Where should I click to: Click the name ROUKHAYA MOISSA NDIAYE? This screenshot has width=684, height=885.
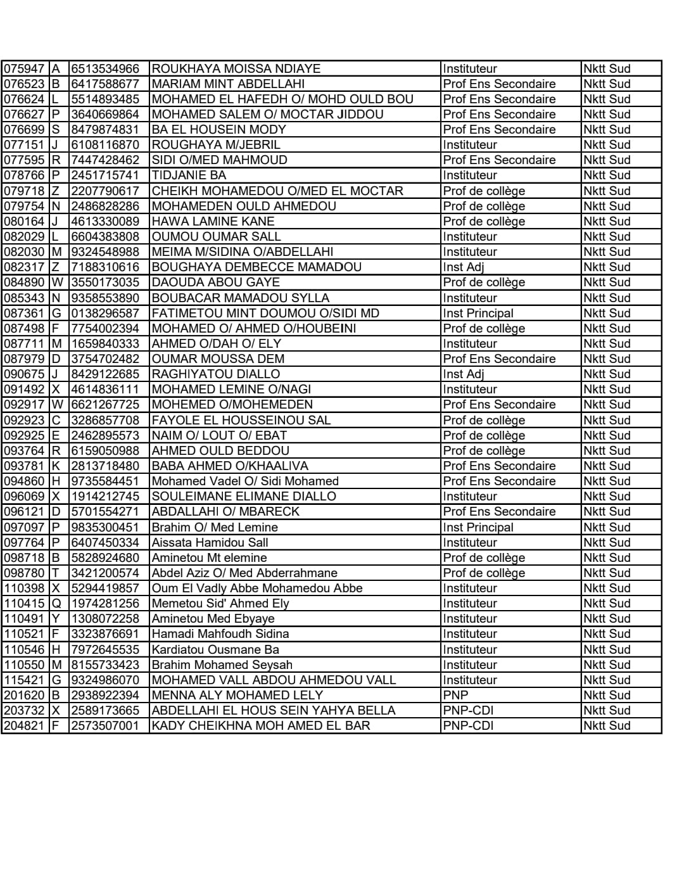click(236, 68)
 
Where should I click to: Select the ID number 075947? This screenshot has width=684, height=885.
click(25, 68)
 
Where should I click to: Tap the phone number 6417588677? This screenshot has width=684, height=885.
click(105, 84)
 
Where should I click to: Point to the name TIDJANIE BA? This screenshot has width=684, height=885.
click(189, 175)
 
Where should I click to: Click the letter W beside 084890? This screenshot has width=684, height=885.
click(58, 283)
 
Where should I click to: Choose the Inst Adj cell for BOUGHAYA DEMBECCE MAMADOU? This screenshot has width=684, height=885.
click(464, 267)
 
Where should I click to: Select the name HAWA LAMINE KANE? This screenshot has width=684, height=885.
click(213, 222)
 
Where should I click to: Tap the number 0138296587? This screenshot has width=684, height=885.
click(105, 313)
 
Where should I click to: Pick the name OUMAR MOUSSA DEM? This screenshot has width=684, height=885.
click(218, 359)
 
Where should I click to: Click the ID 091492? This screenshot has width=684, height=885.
click(25, 390)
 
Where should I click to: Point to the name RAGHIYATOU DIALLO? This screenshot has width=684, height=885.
click(216, 374)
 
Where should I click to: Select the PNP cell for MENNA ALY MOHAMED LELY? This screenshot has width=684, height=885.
click(456, 695)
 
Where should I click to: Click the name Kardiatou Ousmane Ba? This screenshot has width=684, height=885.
click(215, 649)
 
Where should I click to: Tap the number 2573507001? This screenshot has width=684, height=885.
click(105, 726)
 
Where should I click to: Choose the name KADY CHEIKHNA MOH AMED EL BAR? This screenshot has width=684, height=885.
click(261, 726)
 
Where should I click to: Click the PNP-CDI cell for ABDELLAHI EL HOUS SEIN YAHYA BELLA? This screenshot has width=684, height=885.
click(468, 710)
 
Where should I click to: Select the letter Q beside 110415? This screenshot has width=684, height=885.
click(57, 604)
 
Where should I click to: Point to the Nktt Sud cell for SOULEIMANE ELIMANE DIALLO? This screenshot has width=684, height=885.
click(607, 497)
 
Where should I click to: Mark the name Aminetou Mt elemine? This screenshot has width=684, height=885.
click(209, 558)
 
